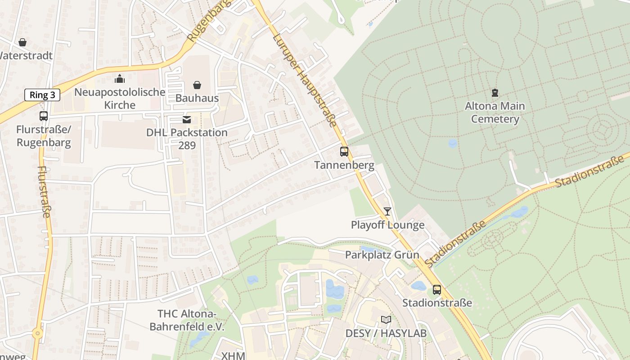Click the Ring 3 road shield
point(42,95)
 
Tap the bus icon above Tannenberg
point(344,152)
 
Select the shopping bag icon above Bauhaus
point(197,85)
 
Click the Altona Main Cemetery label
point(495,112)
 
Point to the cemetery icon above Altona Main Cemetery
point(495,93)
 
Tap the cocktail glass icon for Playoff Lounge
point(387,211)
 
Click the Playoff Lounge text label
point(387,225)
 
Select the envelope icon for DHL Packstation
point(186,119)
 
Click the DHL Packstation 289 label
point(187,139)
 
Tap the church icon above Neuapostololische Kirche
point(120,79)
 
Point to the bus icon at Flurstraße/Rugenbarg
point(44,116)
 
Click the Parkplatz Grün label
point(382,255)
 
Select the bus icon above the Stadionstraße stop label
point(437,290)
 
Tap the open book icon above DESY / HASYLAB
point(386,320)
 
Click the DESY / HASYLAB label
point(386,333)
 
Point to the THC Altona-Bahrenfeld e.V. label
point(187,320)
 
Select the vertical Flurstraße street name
point(44,192)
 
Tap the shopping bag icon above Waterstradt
point(22,42)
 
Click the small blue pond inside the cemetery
point(453,144)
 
